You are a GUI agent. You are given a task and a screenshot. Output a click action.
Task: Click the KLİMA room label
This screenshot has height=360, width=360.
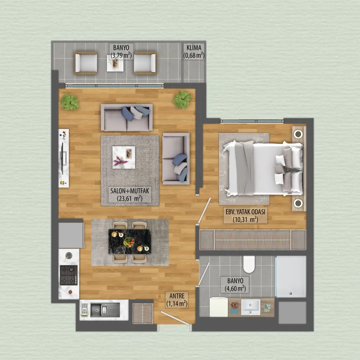194,51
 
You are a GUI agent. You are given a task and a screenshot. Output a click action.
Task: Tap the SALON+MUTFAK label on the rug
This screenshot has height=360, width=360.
130,194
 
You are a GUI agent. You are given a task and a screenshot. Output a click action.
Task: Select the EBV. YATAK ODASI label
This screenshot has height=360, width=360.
245,216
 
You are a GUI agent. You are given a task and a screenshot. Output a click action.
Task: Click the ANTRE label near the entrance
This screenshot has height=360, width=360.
177,300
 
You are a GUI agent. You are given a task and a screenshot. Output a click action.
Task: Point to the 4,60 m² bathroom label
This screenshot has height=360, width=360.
235,284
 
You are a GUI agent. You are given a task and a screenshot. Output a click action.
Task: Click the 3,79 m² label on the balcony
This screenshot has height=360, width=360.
121,51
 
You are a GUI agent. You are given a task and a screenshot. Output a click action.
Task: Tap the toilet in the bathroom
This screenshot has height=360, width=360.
249,264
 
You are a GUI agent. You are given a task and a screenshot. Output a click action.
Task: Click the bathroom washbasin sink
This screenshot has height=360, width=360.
251,307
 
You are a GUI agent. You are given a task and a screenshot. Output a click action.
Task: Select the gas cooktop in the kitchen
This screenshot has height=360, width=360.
69,275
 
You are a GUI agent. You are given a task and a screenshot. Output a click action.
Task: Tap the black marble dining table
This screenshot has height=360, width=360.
130,242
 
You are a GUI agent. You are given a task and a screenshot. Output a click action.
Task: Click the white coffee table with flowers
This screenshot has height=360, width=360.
123,157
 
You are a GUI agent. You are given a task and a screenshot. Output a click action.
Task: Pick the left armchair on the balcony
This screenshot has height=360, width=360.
85,63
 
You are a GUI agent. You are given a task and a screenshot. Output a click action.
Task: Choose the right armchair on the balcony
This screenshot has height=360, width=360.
145,63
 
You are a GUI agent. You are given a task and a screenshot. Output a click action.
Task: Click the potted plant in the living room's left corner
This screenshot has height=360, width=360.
70,102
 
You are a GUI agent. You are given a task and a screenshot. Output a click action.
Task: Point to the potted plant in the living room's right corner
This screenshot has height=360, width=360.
182,99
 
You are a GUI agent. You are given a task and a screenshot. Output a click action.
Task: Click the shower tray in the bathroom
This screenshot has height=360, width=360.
291,277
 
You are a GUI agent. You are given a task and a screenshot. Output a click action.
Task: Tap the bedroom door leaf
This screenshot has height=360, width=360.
205,210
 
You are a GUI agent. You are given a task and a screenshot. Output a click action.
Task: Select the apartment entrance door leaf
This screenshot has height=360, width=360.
175,318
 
